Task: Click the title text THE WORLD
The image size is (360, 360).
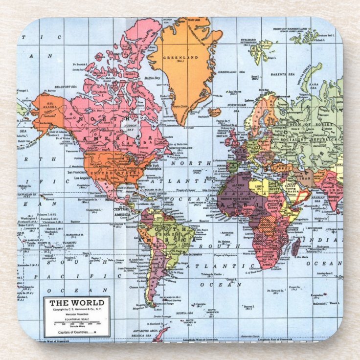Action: [76, 303]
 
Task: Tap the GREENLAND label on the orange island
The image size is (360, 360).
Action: [181, 57]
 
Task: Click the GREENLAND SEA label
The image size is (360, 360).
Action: [227, 72]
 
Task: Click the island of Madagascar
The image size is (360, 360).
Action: [295, 247]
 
